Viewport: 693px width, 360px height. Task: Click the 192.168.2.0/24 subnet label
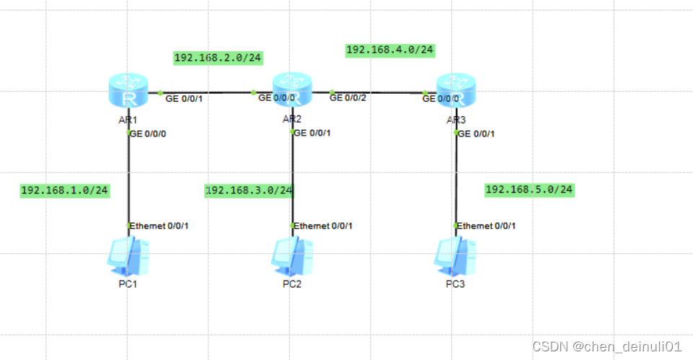(x=217, y=58)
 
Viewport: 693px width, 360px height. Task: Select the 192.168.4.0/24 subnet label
(x=389, y=50)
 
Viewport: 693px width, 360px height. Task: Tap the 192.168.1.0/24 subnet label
(x=64, y=190)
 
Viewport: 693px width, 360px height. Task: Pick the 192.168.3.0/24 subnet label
(x=250, y=190)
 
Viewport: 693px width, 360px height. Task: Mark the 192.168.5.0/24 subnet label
(x=529, y=190)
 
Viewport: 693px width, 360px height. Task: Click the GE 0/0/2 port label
(x=349, y=98)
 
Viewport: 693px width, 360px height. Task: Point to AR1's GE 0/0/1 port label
(x=184, y=98)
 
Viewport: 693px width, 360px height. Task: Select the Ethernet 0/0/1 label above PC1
(x=159, y=226)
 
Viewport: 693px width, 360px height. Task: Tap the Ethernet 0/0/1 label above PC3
(x=487, y=226)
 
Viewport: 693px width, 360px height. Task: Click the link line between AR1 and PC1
(x=129, y=180)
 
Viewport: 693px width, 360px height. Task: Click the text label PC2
(x=292, y=284)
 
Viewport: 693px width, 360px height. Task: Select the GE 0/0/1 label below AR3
(x=477, y=133)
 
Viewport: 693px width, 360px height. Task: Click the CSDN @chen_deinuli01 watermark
(x=606, y=347)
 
